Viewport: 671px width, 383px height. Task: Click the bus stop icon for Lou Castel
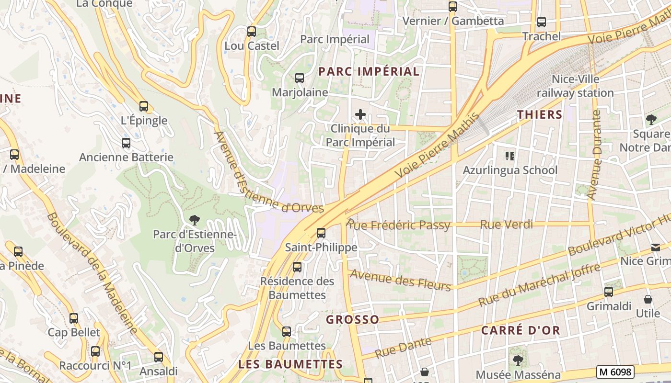(251, 32)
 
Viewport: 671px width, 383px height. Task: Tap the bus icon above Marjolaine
(300, 78)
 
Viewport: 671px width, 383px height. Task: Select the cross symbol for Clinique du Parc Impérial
(360, 114)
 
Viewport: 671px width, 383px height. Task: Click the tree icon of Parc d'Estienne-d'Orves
(194, 220)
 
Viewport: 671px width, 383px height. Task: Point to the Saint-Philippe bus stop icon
(321, 233)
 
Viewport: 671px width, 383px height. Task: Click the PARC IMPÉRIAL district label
(369, 72)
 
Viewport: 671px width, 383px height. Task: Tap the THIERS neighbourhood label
(540, 114)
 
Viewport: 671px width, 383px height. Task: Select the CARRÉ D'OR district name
(521, 330)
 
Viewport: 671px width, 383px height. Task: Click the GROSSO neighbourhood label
(352, 319)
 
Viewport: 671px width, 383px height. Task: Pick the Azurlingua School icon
(509, 156)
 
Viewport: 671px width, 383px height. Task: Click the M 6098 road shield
(616, 372)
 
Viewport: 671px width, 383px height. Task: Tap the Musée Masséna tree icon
(518, 360)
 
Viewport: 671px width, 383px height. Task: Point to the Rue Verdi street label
(506, 224)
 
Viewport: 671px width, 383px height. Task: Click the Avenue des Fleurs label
(401, 280)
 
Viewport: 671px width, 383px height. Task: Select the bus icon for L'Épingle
(144, 106)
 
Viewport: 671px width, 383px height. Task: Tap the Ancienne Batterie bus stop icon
(126, 143)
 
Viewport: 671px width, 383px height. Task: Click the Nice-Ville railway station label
(575, 86)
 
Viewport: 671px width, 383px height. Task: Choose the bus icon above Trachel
(542, 22)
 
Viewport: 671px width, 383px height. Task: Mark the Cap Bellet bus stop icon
(74, 318)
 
